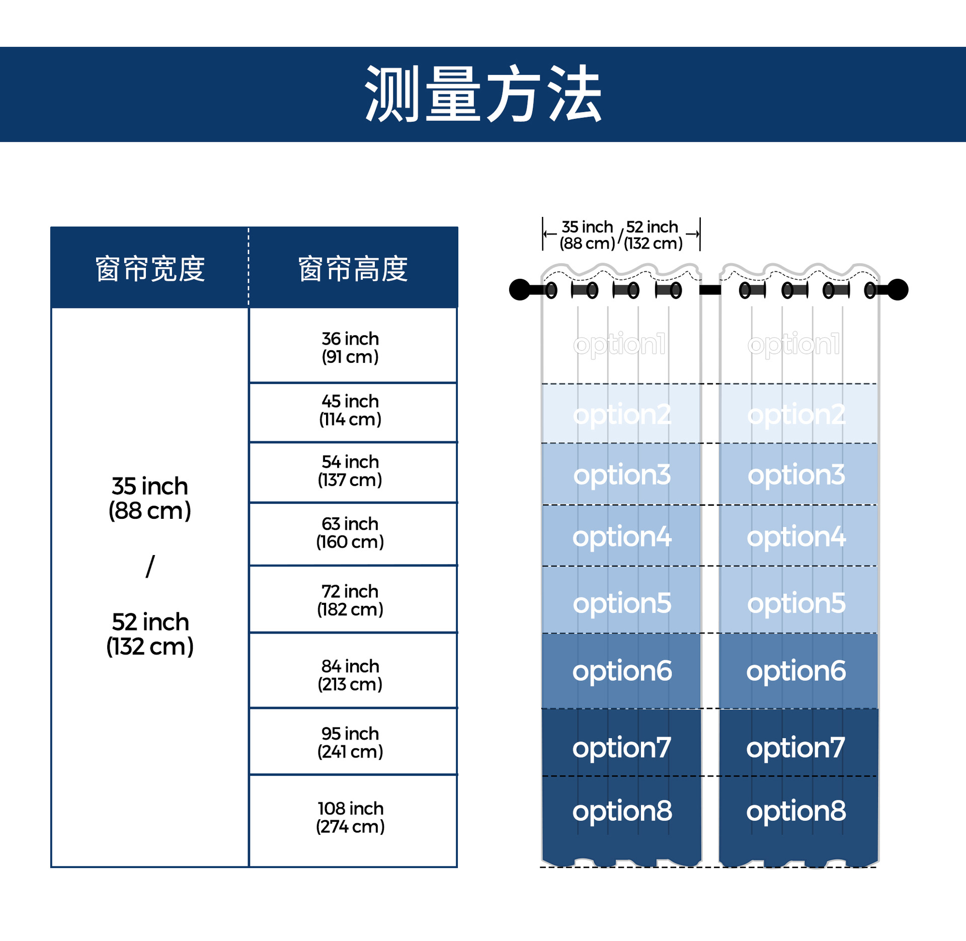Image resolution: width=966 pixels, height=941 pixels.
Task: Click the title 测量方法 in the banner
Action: [483, 94]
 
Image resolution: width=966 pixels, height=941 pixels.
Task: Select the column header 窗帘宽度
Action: [150, 269]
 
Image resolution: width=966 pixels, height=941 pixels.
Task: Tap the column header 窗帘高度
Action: [353, 269]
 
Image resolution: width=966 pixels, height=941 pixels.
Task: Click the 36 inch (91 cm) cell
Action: [350, 347]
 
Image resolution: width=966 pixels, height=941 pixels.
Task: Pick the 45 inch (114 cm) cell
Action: [350, 410]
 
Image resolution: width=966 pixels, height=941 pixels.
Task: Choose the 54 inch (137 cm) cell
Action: [350, 470]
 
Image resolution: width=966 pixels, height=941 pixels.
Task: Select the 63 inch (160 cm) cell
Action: [350, 532]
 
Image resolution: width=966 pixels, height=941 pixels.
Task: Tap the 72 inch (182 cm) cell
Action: [350, 600]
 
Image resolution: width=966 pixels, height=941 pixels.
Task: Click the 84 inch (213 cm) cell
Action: [350, 675]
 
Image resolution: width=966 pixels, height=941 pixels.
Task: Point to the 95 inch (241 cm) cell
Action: [350, 742]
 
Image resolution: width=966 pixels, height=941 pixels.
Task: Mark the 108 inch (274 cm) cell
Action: [350, 817]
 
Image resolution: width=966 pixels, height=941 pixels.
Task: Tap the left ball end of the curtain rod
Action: [520, 289]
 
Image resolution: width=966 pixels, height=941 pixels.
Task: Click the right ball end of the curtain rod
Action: [898, 289]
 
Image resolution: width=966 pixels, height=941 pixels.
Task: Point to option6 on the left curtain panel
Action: [622, 671]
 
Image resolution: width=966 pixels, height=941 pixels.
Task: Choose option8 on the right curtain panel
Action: [796, 811]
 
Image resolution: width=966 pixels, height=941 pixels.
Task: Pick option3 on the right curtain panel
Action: [796, 475]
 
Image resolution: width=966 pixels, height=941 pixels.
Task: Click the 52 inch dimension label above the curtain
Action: [653, 235]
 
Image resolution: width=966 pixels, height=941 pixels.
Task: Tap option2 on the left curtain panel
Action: [622, 414]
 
